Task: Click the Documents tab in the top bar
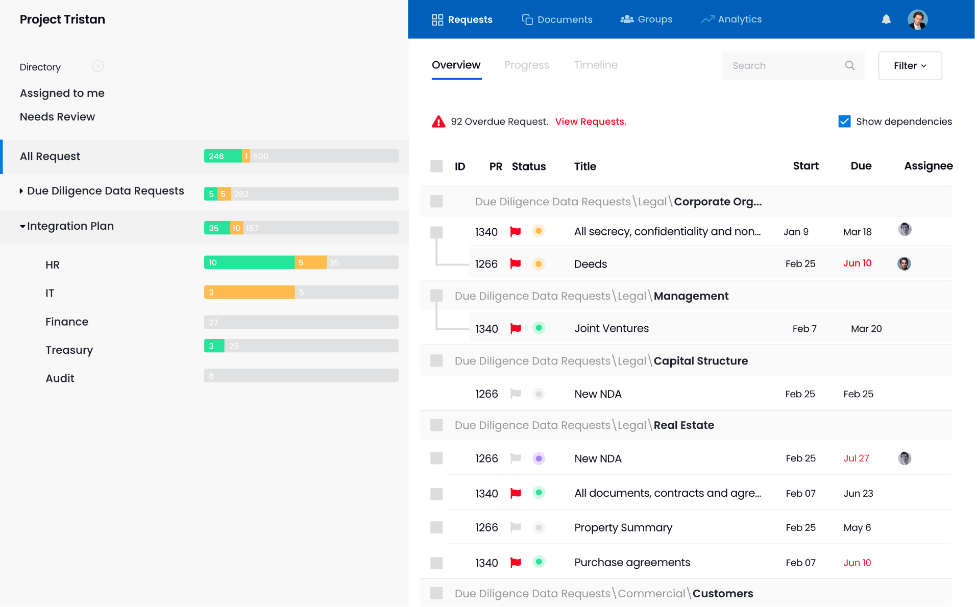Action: point(557,19)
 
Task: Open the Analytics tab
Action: point(731,19)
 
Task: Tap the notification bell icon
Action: point(886,19)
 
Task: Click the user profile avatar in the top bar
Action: point(917,20)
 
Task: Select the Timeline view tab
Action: point(596,65)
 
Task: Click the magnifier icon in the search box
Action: point(850,65)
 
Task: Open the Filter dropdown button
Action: point(910,65)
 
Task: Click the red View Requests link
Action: point(591,122)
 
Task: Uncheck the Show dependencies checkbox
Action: point(844,122)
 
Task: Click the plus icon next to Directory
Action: point(98,66)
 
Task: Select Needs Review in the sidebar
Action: point(57,117)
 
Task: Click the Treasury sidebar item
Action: point(69,350)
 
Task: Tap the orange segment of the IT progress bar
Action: point(249,293)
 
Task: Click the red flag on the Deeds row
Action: point(516,264)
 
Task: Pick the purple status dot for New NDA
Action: point(539,458)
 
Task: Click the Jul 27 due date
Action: point(856,458)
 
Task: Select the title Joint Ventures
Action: point(612,328)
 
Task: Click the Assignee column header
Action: point(928,166)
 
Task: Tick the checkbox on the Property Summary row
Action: point(436,527)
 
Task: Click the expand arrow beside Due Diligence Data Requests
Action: point(21,191)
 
